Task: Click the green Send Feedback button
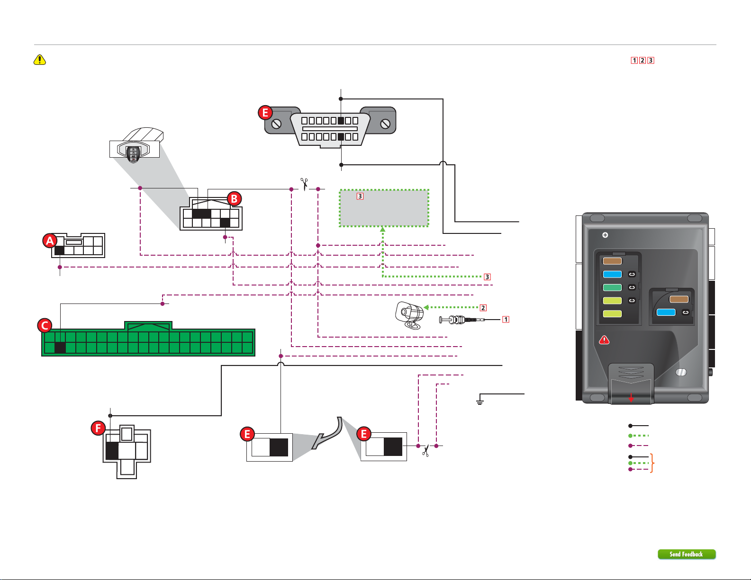click(x=687, y=554)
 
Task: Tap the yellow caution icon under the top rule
click(x=40, y=60)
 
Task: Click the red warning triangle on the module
click(x=604, y=340)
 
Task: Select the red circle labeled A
click(x=50, y=241)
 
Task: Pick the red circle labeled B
click(x=235, y=199)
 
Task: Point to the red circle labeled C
click(x=45, y=326)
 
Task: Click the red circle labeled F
click(x=98, y=428)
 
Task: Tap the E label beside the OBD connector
click(x=265, y=113)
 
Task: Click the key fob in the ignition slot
click(x=134, y=154)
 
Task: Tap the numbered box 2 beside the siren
click(x=483, y=308)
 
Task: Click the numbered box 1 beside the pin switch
click(x=506, y=319)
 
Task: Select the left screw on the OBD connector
click(x=276, y=124)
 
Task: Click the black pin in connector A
click(x=59, y=250)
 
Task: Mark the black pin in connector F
click(x=112, y=451)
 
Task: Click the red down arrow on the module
click(x=631, y=398)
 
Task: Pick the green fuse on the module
click(x=613, y=287)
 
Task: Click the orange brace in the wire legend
click(x=652, y=463)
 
